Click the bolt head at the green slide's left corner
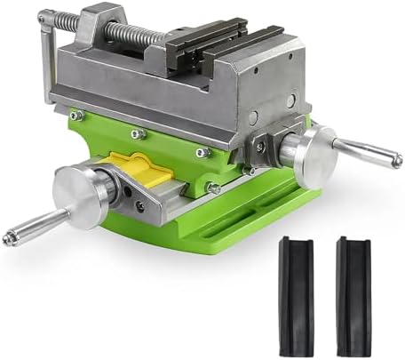[77, 115]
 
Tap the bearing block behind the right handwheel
[272, 142]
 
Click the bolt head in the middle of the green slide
[138, 133]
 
